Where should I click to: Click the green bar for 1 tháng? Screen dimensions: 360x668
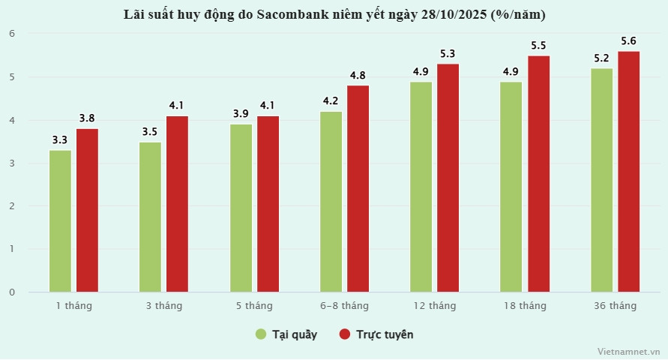[60, 220]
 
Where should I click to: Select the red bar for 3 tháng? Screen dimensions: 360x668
[178, 204]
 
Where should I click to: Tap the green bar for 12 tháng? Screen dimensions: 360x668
[421, 187]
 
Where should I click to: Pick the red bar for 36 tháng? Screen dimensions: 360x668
[628, 171]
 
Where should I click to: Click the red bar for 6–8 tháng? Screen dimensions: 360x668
[358, 188]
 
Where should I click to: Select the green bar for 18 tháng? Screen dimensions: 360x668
[511, 187]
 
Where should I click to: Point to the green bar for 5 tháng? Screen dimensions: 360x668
[241, 208]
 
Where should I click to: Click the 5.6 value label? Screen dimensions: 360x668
[628, 40]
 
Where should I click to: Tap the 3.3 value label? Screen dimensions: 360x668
[60, 139]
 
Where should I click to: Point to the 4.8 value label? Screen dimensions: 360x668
[358, 75]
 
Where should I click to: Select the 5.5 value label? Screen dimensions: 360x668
[538, 45]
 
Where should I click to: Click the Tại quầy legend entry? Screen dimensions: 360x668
[286, 334]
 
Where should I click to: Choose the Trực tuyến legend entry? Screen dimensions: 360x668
[376, 334]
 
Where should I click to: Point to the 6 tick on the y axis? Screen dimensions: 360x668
[12, 34]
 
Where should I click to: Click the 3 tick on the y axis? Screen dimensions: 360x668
[12, 163]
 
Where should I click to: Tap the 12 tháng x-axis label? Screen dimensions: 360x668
[434, 306]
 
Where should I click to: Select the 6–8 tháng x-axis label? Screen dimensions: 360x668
[344, 306]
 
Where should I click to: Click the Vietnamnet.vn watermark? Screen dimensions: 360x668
[628, 351]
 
